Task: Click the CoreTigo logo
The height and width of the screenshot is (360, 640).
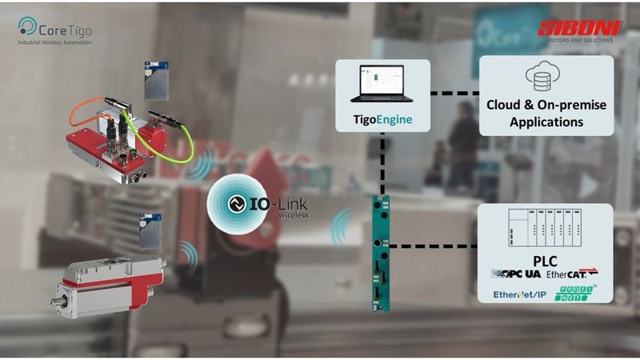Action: [x=54, y=27]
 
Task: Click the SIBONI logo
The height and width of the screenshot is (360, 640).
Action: [x=579, y=29]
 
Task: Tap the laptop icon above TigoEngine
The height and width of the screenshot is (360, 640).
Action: [x=382, y=84]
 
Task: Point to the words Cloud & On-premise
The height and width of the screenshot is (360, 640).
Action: [x=546, y=105]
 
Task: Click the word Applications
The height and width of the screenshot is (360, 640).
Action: [x=546, y=122]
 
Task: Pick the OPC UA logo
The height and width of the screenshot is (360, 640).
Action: [x=516, y=274]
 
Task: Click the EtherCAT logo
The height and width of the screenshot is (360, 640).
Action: [x=573, y=274]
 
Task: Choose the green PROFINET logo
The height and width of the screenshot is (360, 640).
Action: [x=573, y=294]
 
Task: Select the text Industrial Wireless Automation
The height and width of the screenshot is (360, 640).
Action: [x=55, y=42]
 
